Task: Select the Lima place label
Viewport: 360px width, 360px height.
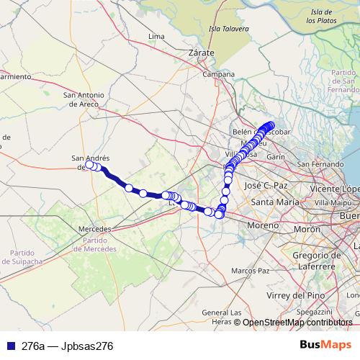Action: point(156,35)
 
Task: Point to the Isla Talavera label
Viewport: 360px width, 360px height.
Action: point(228,29)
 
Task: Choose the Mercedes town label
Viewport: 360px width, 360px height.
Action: point(94,228)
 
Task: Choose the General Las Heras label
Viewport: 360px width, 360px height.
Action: point(221,316)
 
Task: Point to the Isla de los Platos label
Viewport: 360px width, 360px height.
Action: point(322,17)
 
